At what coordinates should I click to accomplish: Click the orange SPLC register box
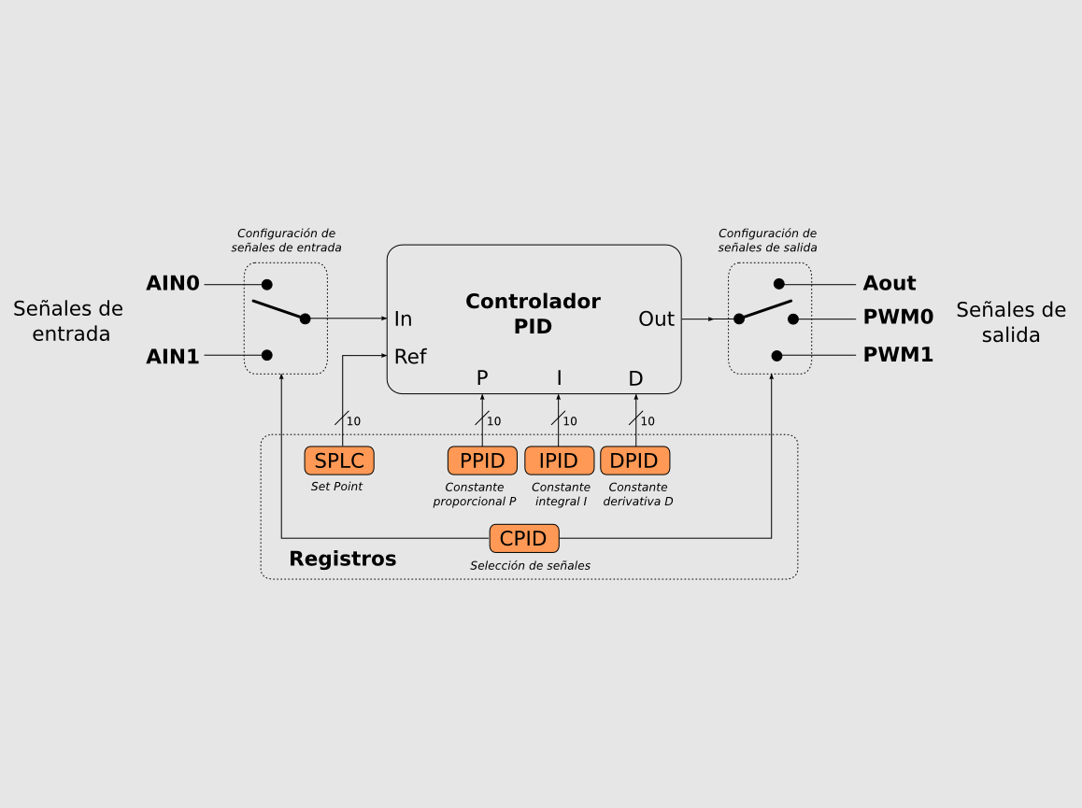pos(339,461)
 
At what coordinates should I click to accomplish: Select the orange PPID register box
pos(482,461)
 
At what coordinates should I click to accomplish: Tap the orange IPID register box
pos(559,461)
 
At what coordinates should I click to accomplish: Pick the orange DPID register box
pos(634,461)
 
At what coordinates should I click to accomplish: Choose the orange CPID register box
pos(524,539)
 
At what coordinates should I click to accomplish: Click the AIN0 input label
pos(173,284)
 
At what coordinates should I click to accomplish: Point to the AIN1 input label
pos(173,356)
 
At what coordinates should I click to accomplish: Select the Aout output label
pos(890,284)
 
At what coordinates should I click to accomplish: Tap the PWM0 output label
pos(898,319)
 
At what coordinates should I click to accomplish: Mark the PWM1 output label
pos(898,355)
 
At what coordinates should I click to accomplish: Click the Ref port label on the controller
pos(410,357)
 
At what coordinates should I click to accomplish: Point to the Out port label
pos(656,319)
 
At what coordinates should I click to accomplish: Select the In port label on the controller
pos(403,319)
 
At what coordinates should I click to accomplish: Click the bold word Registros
pos(342,560)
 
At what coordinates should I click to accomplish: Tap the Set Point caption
pos(336,487)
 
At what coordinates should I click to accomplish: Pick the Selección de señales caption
pos(530,565)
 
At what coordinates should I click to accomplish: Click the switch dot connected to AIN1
pos(267,355)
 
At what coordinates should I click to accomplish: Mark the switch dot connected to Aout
pos(778,283)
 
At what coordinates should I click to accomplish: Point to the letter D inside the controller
pos(635,378)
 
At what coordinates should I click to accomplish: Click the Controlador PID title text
pos(533,314)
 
